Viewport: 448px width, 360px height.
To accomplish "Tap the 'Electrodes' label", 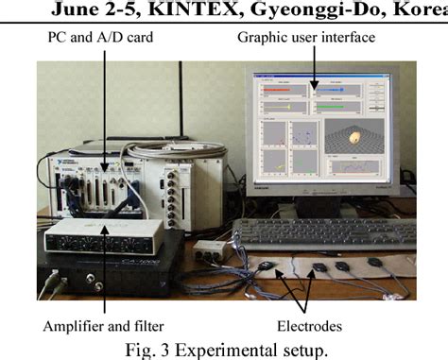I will point(313,327).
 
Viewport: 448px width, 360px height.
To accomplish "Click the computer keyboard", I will point(321,231).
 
